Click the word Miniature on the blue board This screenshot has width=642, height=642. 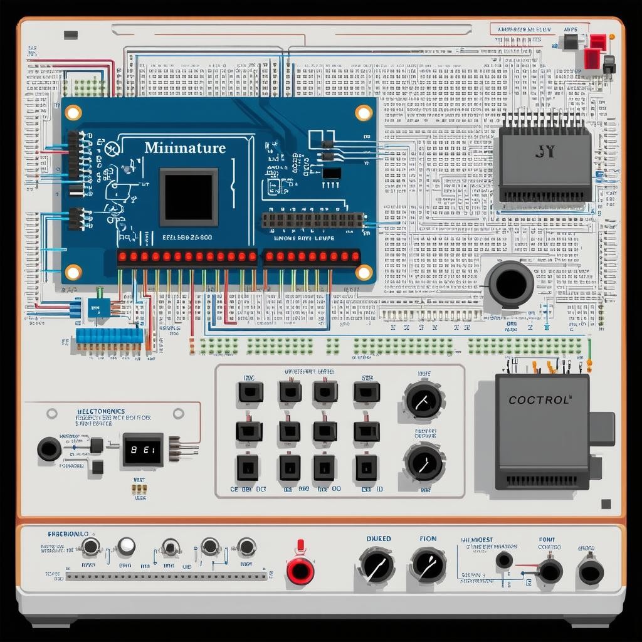[x=185, y=149]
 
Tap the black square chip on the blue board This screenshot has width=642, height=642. [x=189, y=197]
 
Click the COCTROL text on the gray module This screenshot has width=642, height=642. [x=540, y=399]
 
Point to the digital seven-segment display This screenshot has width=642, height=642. [x=143, y=450]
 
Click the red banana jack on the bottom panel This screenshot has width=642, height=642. [x=300, y=569]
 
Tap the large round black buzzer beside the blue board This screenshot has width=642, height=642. [x=511, y=283]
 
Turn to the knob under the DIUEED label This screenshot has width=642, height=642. [x=377, y=565]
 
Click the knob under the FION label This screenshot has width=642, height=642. [x=428, y=564]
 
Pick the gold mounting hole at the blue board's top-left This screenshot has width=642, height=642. [x=73, y=113]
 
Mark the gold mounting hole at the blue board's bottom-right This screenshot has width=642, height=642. [x=364, y=272]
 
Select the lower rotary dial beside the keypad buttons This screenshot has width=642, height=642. [x=424, y=462]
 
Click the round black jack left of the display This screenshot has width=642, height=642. [x=50, y=449]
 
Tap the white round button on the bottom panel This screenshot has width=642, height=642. [x=126, y=546]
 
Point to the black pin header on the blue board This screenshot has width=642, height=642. [x=312, y=220]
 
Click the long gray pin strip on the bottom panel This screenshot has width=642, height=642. [x=166, y=576]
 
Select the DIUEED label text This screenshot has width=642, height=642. [x=378, y=539]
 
